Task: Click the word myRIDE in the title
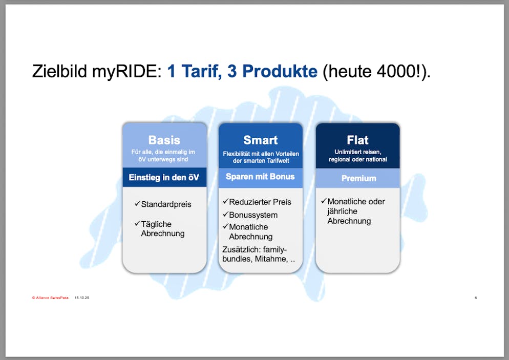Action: [x=126, y=72]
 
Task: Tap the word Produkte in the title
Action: [x=280, y=71]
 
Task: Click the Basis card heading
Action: [x=164, y=140]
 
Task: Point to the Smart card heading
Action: [x=260, y=140]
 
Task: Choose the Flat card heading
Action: [x=357, y=140]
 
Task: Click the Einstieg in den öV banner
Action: [x=164, y=177]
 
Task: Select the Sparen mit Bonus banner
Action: [x=260, y=176]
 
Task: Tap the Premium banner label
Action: [x=358, y=178]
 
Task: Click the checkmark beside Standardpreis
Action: [x=137, y=204]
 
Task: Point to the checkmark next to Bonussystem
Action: [x=226, y=215]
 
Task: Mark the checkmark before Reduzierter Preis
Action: [x=226, y=202]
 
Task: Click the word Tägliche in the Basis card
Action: [x=156, y=224]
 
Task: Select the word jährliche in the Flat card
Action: [x=342, y=211]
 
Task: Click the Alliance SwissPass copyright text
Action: [x=50, y=298]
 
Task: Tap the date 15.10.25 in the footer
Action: [x=82, y=298]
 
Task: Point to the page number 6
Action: [x=476, y=298]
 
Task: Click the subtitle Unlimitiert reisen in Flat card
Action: [x=358, y=152]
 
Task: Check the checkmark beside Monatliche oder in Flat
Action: [x=324, y=201]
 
